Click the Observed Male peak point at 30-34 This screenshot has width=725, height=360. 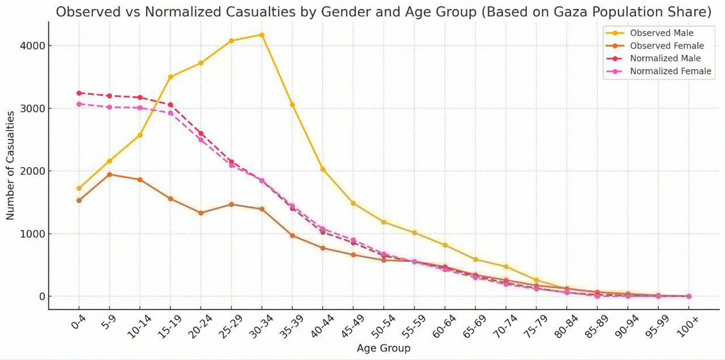261,35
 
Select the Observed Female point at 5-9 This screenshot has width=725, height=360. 109,175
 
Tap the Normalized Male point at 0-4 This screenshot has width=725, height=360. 79,93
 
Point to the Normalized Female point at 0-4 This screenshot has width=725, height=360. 79,104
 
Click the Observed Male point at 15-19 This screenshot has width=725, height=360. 170,77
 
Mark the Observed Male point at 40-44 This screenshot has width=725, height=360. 322,169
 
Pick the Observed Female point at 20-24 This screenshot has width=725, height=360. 201,213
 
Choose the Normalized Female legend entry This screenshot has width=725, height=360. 670,71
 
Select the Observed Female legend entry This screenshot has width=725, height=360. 667,46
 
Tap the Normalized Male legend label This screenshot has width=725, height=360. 665,58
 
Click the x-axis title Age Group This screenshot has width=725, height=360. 384,348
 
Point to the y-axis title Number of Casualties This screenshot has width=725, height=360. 11,175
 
